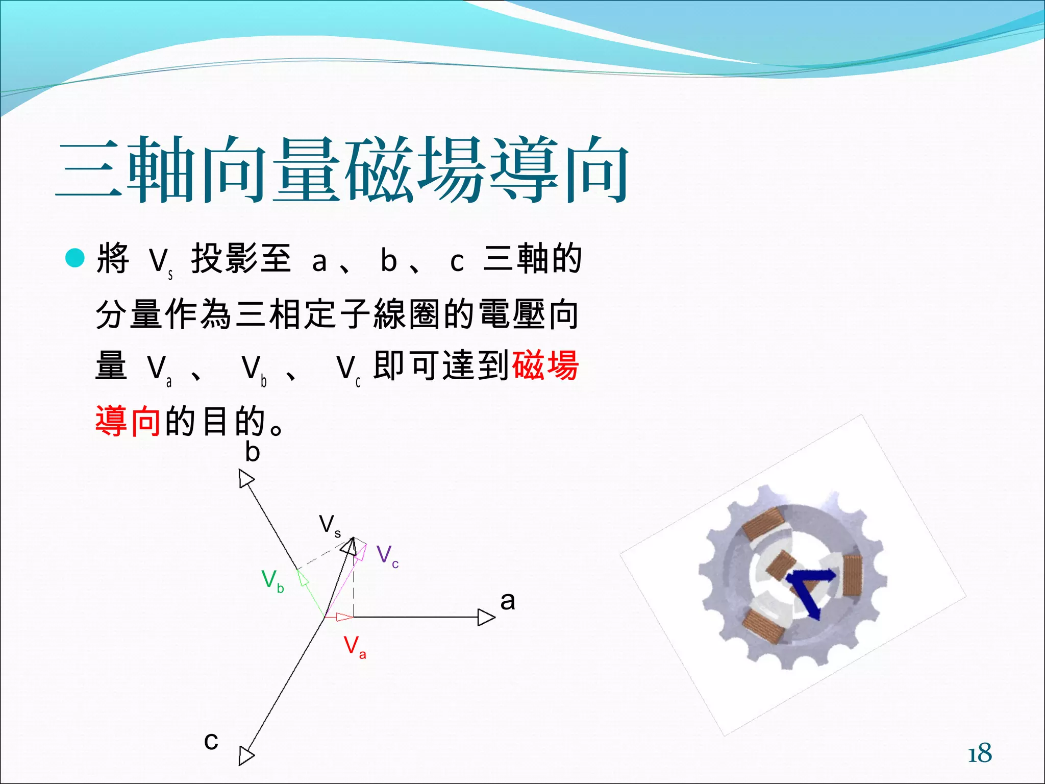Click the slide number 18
[x=980, y=753]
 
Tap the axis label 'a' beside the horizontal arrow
[x=507, y=601]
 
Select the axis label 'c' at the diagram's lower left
[x=211, y=741]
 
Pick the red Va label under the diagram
[x=355, y=647]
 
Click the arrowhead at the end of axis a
[x=486, y=617]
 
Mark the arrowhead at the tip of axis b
[x=246, y=479]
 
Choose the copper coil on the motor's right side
[x=852, y=575]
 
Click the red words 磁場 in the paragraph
[x=545, y=365]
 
